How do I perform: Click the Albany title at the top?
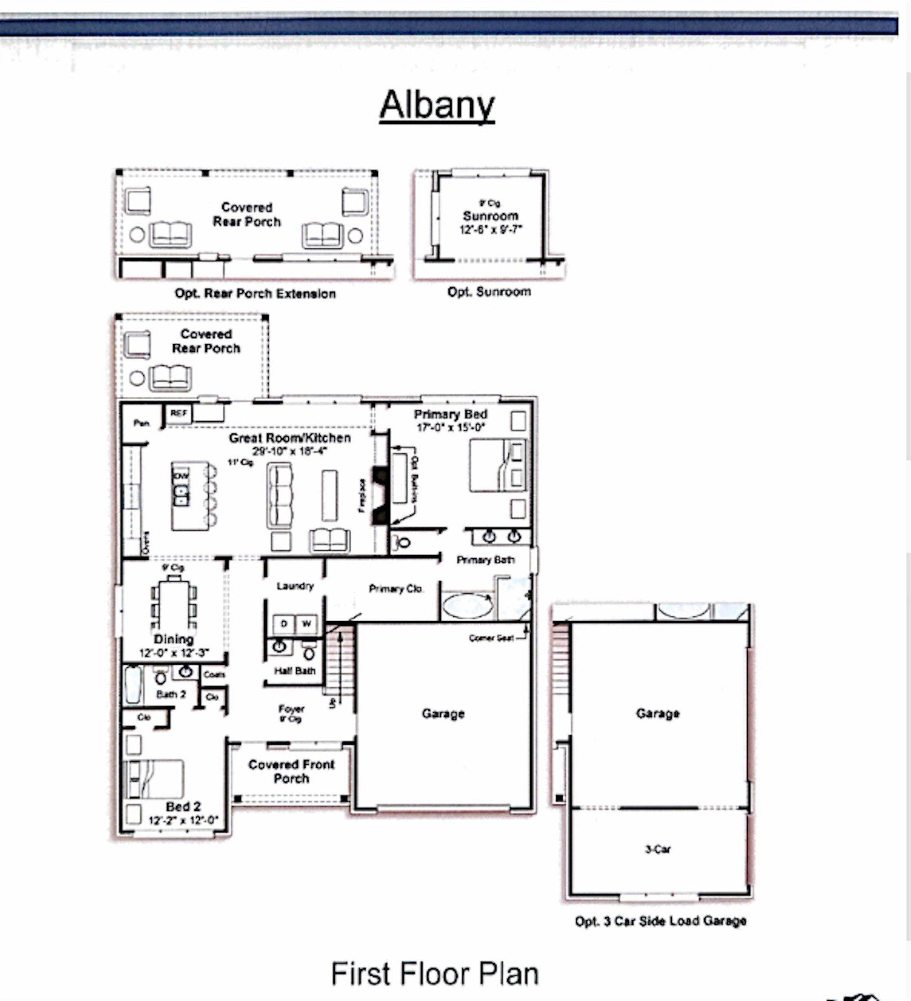tap(437, 105)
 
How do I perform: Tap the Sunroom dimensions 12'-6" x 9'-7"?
tap(490, 229)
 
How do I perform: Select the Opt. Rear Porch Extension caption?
tap(255, 293)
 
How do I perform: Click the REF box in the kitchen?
tap(178, 413)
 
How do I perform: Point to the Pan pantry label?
tap(142, 423)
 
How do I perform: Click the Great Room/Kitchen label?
tap(290, 438)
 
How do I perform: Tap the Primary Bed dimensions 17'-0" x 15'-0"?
tap(451, 427)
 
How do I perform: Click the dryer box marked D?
tap(284, 623)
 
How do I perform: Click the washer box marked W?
tap(307, 623)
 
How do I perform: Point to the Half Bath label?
tap(295, 671)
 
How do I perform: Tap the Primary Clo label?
tap(396, 589)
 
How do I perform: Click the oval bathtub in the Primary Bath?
tap(467, 606)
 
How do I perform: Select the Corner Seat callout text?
tap(491, 638)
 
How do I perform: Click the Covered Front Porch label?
tap(291, 771)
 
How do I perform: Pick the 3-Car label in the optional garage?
tap(658, 849)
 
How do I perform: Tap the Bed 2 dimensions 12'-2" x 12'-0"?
tap(183, 820)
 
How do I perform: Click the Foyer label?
tap(291, 709)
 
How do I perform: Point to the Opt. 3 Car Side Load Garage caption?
tap(660, 921)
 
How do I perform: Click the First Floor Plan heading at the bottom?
tap(435, 974)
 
